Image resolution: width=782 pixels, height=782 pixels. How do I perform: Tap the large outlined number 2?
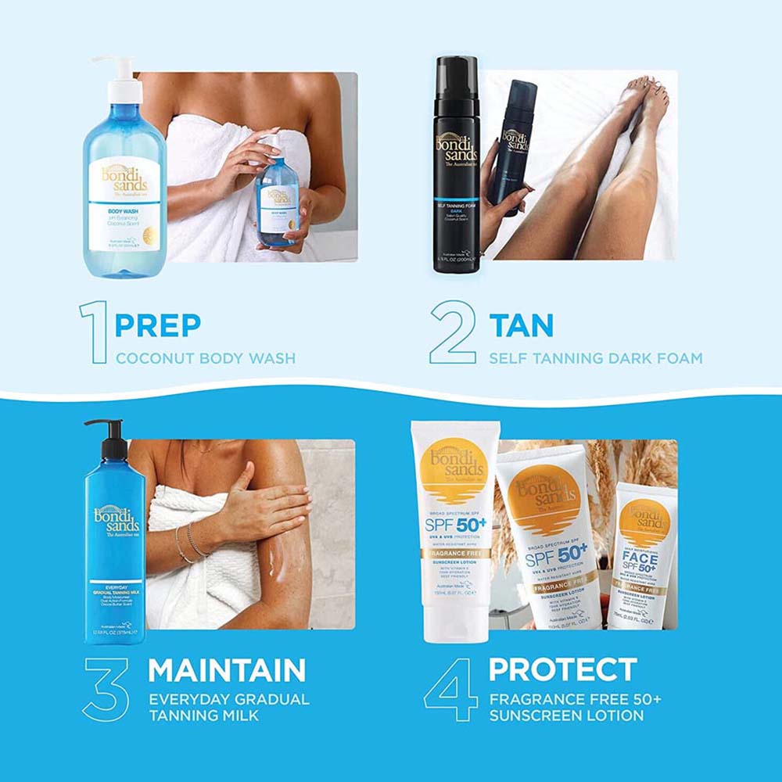(x=453, y=332)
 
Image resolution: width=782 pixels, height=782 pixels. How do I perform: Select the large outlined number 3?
(x=106, y=689)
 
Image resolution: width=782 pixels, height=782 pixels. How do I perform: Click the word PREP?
(x=158, y=325)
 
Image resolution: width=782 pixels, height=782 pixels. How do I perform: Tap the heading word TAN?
(x=521, y=325)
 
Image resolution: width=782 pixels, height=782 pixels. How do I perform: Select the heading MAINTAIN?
(x=227, y=670)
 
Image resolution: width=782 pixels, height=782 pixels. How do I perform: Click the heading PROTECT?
(x=563, y=669)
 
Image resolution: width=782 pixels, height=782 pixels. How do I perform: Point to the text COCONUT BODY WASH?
(x=206, y=359)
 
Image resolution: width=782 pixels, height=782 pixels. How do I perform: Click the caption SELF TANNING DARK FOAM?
(x=596, y=359)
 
